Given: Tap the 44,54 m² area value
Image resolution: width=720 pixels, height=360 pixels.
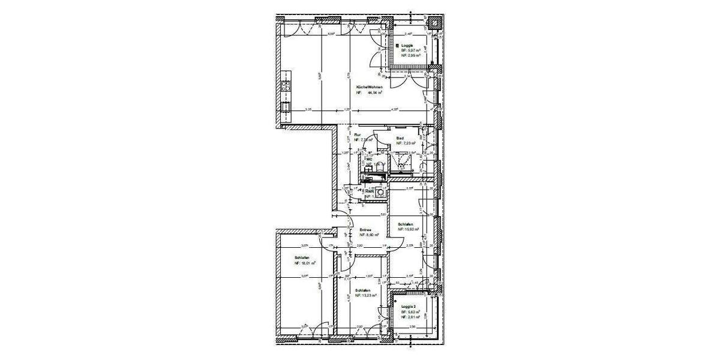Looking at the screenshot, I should pos(375,93).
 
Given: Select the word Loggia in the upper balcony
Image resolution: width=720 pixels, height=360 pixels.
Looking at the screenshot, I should pos(408,46).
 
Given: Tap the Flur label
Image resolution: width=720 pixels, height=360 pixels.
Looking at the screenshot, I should pos(357,134).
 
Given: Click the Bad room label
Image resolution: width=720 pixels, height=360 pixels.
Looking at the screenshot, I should pos(399,139).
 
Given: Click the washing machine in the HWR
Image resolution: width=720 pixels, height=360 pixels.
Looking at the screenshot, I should pos(379,193).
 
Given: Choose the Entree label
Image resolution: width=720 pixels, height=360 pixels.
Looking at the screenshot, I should pos(365,230).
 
